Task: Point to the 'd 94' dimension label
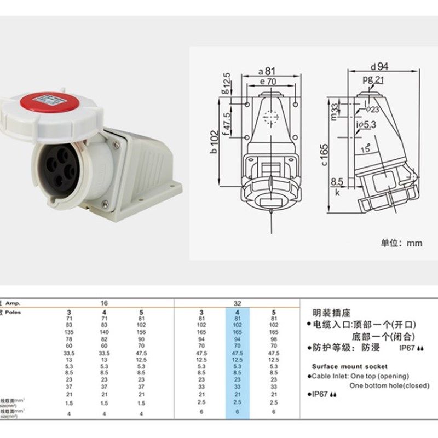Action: tap(379, 67)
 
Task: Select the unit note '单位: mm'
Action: tap(402, 243)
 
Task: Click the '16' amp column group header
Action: tap(105, 302)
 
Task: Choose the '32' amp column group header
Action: tap(237, 302)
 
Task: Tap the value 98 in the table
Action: tap(274, 339)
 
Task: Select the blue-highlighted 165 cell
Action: tap(237, 332)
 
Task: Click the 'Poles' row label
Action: tap(13, 311)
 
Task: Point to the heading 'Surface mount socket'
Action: tap(349, 366)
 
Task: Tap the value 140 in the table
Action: tap(105, 332)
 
